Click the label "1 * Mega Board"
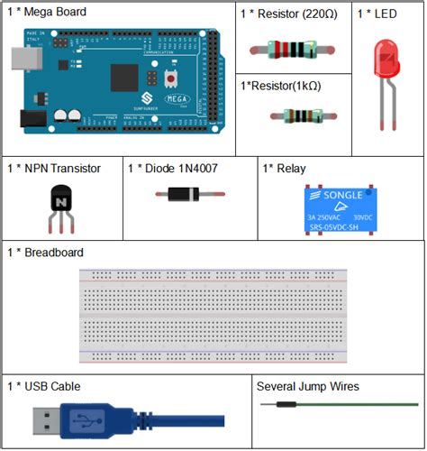pos(47,13)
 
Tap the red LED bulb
pos(383,58)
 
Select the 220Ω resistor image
pos(291,50)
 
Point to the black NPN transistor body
pos(61,199)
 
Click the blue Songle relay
pos(336,208)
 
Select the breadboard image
pos(213,315)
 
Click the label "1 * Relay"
pos(284,168)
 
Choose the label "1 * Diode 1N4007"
pos(172,168)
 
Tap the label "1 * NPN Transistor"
pos(53,168)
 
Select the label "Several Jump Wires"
pos(307,386)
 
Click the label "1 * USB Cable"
pos(43,386)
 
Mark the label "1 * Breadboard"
pos(45,253)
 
